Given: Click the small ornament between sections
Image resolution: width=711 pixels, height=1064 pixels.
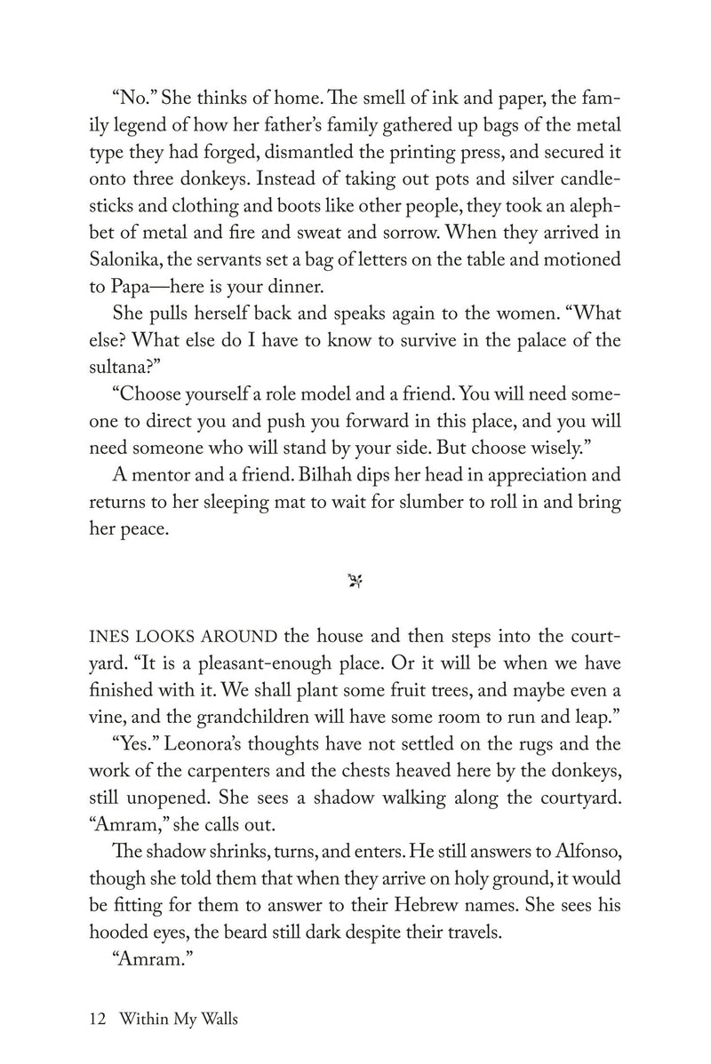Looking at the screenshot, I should pyautogui.click(x=355, y=582).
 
